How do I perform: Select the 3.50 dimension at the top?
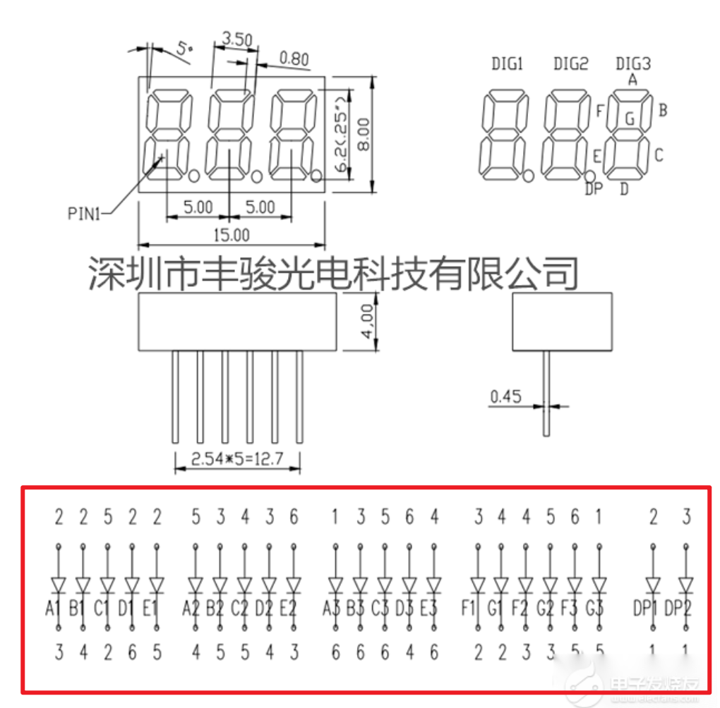[237, 40]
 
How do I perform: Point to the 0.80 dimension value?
[294, 59]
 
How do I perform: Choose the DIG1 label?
[507, 64]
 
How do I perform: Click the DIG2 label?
[570, 64]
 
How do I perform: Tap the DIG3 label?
[632, 64]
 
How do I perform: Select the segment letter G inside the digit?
[630, 118]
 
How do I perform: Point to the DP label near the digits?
[593, 188]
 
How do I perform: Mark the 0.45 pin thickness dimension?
[505, 396]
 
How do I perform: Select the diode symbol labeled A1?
[59, 585]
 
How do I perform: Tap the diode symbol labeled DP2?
[685, 585]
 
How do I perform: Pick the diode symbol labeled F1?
[478, 585]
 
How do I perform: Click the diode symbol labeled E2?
[293, 585]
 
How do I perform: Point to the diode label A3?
[332, 608]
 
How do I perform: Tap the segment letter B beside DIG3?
[663, 110]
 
